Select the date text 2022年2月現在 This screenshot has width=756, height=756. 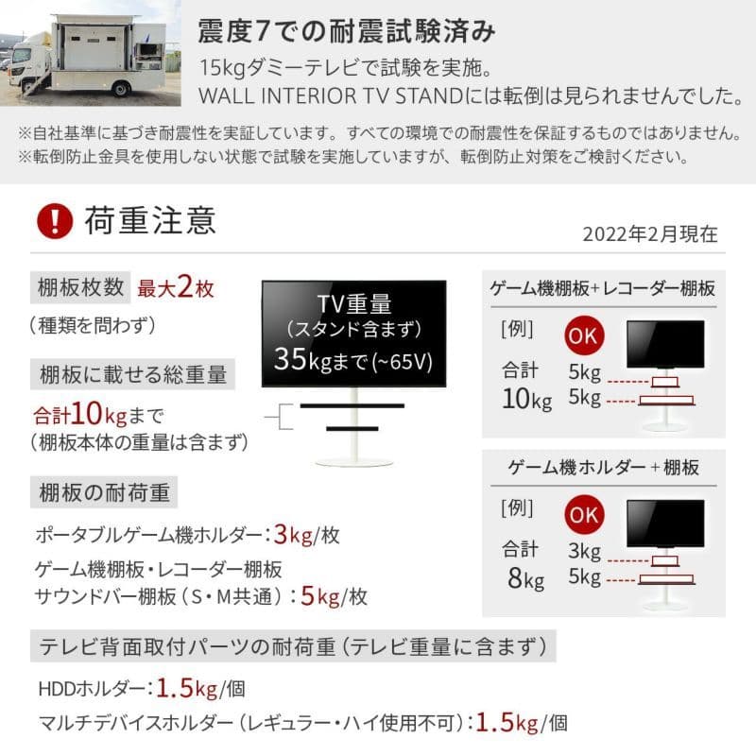coord(649,232)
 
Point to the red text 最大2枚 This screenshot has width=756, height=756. coord(177,287)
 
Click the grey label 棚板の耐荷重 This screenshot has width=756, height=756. coord(103,493)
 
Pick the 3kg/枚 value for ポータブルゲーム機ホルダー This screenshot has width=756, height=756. coord(305,535)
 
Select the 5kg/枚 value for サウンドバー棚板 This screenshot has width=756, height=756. coord(333,596)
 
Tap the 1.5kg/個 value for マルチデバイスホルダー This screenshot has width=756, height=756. coord(521,724)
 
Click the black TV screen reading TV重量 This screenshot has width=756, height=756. coord(352,331)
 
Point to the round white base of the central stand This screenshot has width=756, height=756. coord(352,461)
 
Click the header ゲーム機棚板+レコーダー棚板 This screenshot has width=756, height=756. coord(604,288)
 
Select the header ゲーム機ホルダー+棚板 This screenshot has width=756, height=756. coord(604,467)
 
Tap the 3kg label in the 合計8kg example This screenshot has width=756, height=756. coord(585,550)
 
